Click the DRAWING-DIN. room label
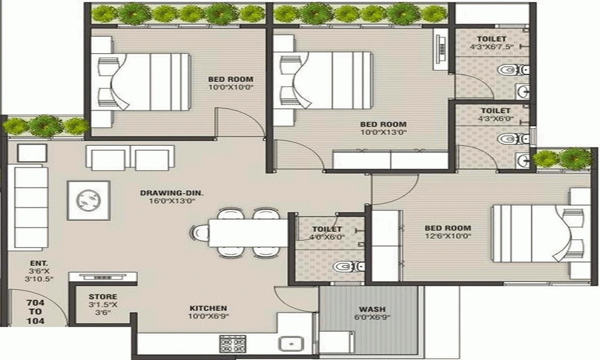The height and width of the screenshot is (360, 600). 172,193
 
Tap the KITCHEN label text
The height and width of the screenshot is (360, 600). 208,308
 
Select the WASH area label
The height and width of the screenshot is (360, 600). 372,309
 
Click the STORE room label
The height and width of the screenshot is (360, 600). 103,296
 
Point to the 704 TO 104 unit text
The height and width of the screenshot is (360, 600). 35,312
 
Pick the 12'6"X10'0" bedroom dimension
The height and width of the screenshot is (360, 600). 448,236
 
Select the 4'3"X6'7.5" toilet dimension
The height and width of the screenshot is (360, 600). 491,47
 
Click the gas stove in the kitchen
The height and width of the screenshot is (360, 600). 232,343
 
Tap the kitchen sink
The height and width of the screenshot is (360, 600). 292,343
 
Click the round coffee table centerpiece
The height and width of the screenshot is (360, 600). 88,200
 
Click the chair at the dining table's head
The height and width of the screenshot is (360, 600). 200,232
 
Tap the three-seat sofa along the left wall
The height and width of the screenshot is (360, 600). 31,208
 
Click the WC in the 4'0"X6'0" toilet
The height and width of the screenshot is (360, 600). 348,266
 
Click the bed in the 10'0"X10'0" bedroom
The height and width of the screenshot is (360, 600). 143,82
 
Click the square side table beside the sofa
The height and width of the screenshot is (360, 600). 32,152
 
